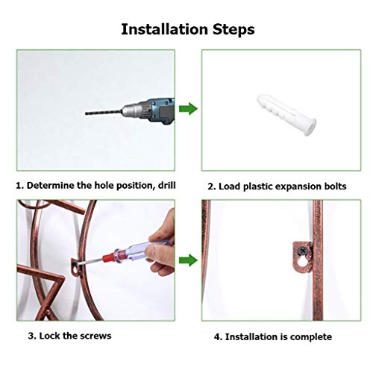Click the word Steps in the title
point(233,30)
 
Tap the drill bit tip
point(88,115)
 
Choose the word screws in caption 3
point(95,336)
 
